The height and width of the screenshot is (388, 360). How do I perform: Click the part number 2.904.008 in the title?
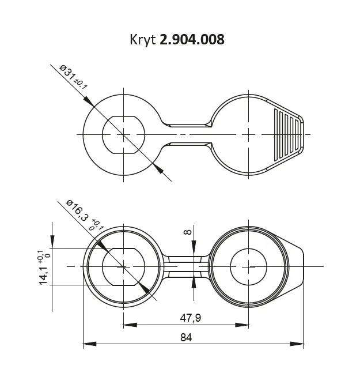(192, 39)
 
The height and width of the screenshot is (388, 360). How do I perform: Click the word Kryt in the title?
(143, 40)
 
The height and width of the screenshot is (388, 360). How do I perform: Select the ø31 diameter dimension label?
(67, 72)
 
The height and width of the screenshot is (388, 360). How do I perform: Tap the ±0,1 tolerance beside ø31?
(81, 84)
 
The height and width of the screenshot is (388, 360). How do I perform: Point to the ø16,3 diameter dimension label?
(77, 210)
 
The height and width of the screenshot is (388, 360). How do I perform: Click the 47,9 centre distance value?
(191, 318)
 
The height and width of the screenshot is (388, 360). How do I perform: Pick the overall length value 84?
(186, 337)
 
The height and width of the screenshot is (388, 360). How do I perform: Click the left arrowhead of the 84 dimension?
(89, 344)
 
